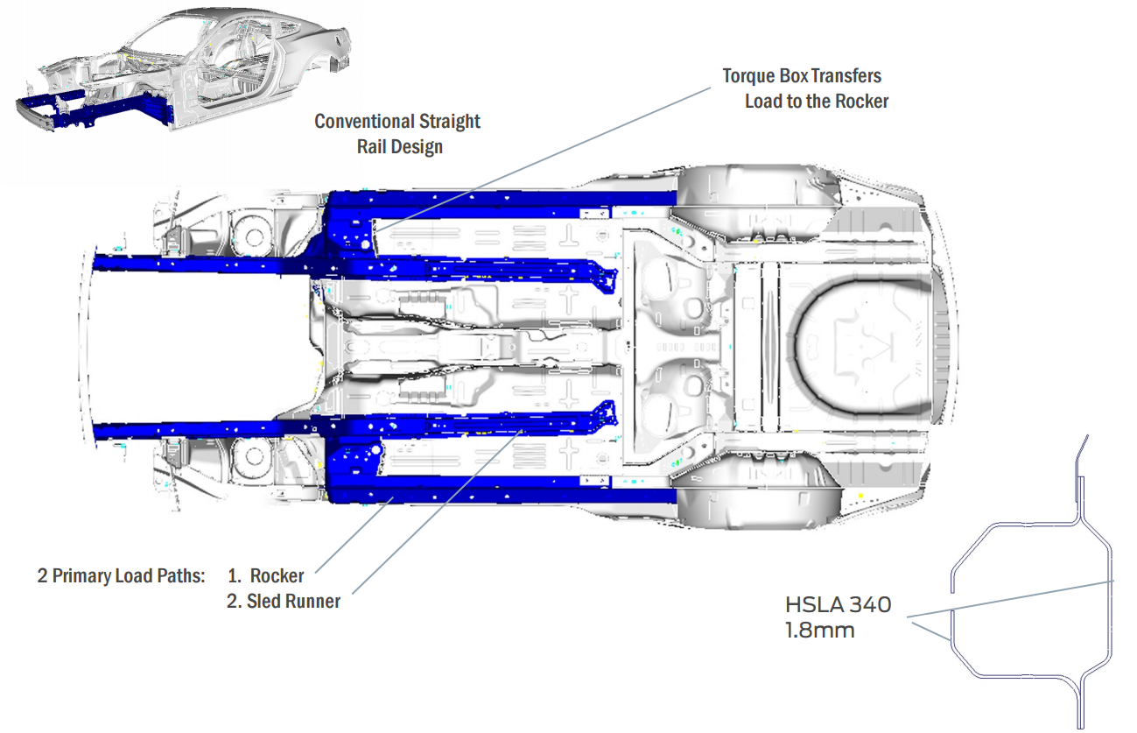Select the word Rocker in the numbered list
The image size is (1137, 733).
(x=277, y=576)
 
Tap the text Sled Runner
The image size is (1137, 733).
(x=293, y=602)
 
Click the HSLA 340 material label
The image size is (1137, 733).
(x=838, y=604)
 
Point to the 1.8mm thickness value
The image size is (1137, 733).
(x=819, y=630)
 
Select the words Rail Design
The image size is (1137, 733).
(x=399, y=146)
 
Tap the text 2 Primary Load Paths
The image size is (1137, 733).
(x=121, y=576)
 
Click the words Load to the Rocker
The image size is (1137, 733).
(x=816, y=102)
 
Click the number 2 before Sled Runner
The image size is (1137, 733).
(x=233, y=602)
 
